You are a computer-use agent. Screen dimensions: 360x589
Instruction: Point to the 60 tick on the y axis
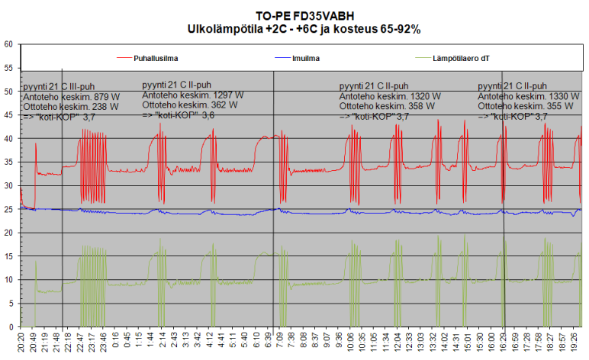[8, 44]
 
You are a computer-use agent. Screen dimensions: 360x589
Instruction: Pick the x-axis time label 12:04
[397, 341]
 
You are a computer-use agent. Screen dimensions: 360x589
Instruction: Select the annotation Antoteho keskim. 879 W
[70, 97]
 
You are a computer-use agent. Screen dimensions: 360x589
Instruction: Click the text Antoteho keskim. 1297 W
[193, 95]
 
